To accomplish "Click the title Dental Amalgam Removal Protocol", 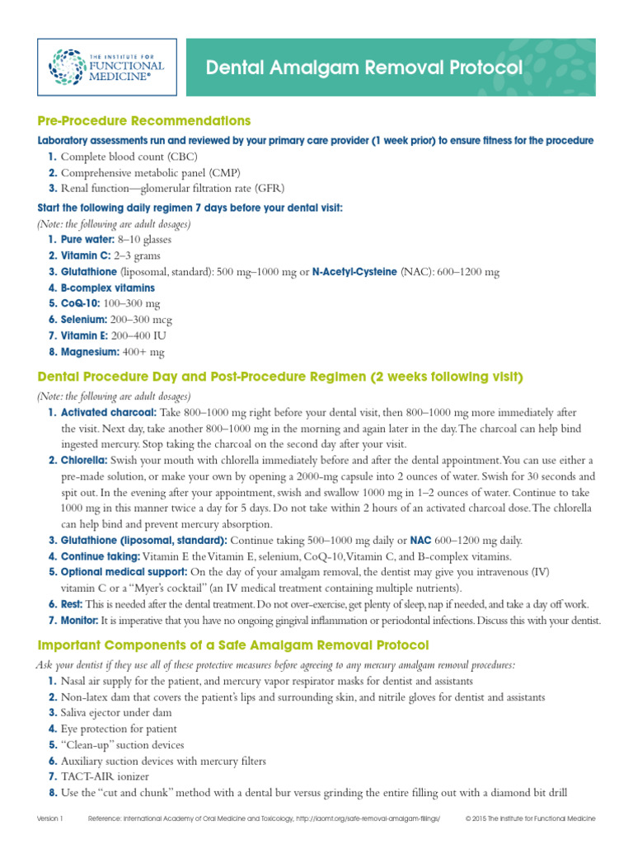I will [x=364, y=68].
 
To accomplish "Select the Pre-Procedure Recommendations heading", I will [x=144, y=121].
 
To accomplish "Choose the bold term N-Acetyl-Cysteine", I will [x=354, y=271].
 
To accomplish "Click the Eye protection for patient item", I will [x=119, y=729].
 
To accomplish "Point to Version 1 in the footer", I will [x=49, y=818].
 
